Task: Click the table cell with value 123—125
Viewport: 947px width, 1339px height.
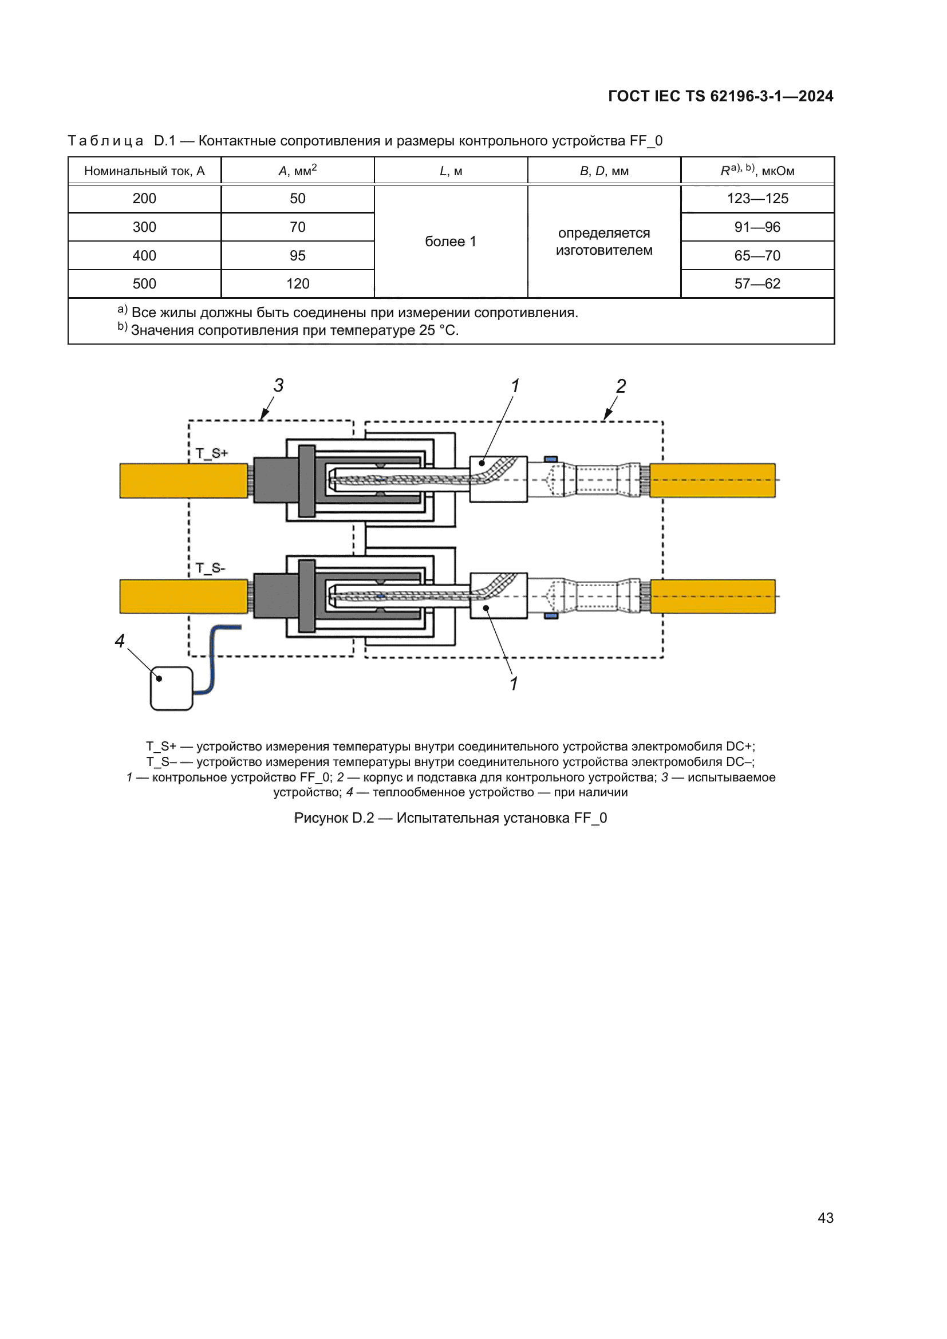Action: pyautogui.click(x=757, y=199)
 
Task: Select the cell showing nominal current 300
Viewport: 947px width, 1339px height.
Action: pyautogui.click(x=144, y=227)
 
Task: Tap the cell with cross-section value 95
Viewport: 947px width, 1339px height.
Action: pyautogui.click(x=297, y=255)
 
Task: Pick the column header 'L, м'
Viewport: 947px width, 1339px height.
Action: pyautogui.click(x=450, y=171)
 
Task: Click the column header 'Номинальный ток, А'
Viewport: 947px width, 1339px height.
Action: pyautogui.click(x=144, y=171)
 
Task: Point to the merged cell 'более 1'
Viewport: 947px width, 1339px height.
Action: pyautogui.click(x=450, y=242)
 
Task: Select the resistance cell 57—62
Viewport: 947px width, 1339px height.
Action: pyautogui.click(x=757, y=284)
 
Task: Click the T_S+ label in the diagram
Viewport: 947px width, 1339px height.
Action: pyautogui.click(x=211, y=453)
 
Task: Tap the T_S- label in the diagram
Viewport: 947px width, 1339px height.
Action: pyautogui.click(x=210, y=568)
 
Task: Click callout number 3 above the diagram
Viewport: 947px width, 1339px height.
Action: pyautogui.click(x=279, y=385)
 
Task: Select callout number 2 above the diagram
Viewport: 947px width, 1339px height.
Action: pyautogui.click(x=621, y=386)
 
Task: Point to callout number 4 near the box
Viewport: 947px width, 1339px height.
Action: pyautogui.click(x=120, y=641)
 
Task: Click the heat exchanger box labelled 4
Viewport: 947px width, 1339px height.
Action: pyautogui.click(x=171, y=689)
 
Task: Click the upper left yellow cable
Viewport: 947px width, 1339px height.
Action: pyautogui.click(x=183, y=480)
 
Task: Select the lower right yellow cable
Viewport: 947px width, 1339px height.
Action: pyautogui.click(x=713, y=597)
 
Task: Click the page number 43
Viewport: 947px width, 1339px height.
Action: pyautogui.click(x=825, y=1218)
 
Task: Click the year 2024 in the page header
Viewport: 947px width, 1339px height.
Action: pyautogui.click(x=816, y=96)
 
